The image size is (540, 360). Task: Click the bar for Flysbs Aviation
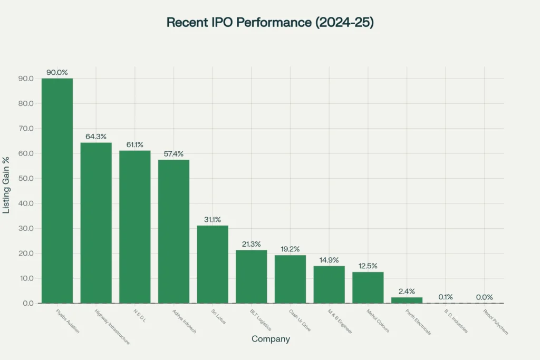57,191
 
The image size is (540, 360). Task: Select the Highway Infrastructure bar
96,223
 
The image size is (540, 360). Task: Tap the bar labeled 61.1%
134,227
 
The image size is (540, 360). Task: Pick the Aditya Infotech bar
173,231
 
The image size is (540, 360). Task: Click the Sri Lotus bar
213,264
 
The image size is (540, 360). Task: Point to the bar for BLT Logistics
251,277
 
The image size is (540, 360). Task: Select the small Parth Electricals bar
407,300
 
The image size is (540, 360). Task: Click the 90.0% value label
57,72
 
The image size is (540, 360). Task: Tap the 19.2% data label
290,249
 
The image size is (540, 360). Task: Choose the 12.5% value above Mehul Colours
368,266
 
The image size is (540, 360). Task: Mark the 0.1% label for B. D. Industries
446,297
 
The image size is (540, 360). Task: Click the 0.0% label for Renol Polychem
485,297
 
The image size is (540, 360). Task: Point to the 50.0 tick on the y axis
25,178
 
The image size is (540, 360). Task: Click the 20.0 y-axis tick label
25,253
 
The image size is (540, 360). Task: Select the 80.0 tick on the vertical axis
25,103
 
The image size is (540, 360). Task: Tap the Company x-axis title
271,339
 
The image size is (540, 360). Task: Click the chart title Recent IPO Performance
270,23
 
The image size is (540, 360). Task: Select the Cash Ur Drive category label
299,320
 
